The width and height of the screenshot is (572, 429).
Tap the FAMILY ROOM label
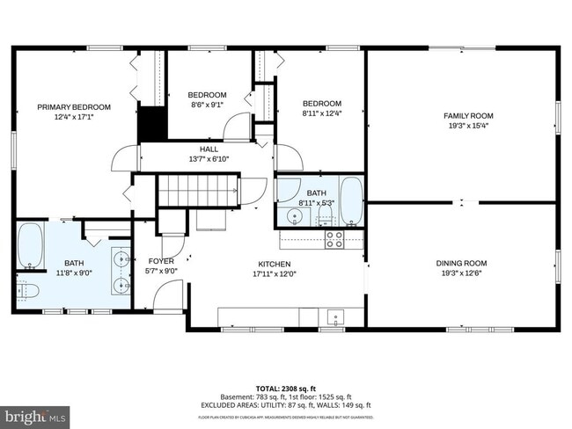click(467, 115)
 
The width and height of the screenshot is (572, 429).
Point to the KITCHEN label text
click(274, 264)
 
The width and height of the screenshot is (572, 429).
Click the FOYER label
click(161, 261)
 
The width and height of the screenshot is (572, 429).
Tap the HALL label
click(209, 149)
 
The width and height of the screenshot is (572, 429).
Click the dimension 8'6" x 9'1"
click(207, 105)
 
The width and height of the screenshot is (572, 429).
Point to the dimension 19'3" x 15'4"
click(467, 125)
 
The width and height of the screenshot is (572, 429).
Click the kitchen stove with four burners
click(334, 238)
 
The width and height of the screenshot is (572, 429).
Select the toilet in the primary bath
click(26, 290)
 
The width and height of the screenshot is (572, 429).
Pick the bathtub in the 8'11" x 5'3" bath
click(350, 202)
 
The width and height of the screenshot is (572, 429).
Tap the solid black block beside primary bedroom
click(151, 122)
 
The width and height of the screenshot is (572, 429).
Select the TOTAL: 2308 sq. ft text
click(286, 388)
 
